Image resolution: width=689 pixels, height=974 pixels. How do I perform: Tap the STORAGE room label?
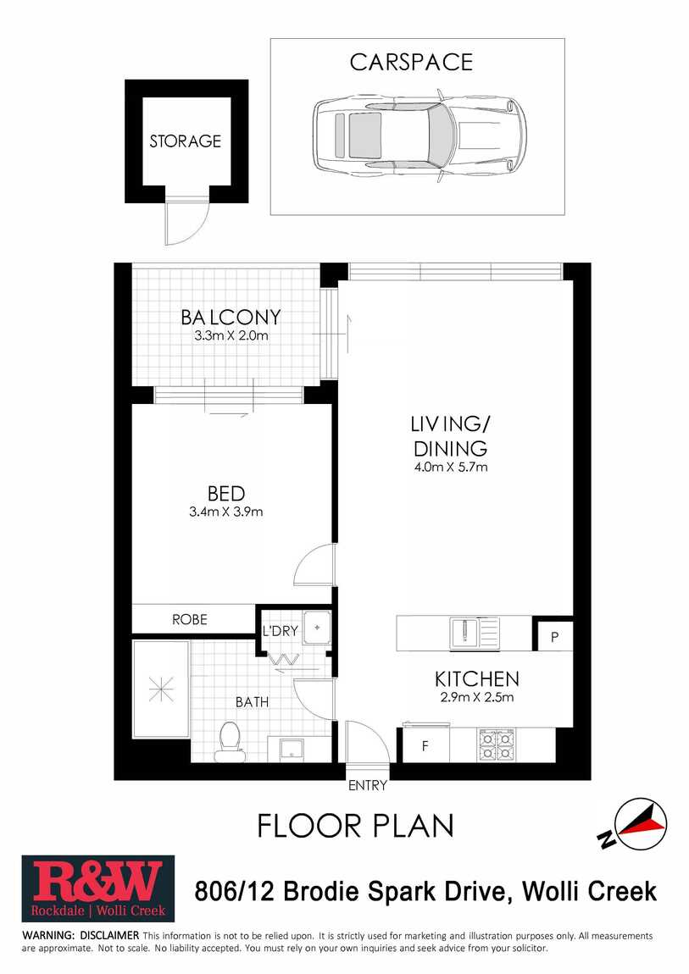(x=185, y=141)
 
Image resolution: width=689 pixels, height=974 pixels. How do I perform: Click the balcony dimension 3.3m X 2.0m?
(x=231, y=336)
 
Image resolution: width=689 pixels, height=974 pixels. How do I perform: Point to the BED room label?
(x=226, y=494)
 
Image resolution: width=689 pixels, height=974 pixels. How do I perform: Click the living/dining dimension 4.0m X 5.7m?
(x=451, y=468)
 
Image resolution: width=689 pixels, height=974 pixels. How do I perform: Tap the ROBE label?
(x=190, y=619)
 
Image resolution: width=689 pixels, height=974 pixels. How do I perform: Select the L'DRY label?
(x=281, y=631)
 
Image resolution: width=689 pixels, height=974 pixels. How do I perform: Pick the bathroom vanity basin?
(x=290, y=749)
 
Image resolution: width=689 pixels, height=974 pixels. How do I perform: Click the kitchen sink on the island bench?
(x=474, y=633)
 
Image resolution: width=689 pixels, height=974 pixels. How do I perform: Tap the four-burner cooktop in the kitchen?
(x=496, y=744)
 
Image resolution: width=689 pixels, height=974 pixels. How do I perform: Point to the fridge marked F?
(x=425, y=745)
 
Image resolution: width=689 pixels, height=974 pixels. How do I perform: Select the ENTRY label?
(x=368, y=786)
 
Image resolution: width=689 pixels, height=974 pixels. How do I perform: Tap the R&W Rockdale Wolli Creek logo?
(x=98, y=888)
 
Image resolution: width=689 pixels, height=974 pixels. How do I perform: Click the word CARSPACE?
(x=411, y=62)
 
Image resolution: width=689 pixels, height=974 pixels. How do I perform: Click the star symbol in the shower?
(x=161, y=689)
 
